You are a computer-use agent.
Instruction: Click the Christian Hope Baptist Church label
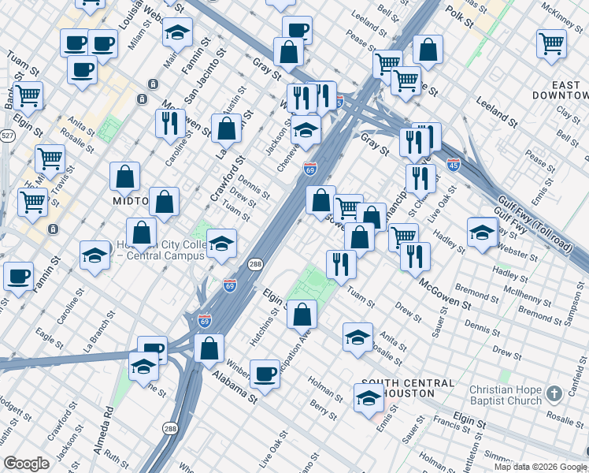pos(517,395)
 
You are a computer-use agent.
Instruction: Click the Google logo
pos(26,464)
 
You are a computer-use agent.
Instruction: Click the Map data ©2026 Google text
pos(539,467)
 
